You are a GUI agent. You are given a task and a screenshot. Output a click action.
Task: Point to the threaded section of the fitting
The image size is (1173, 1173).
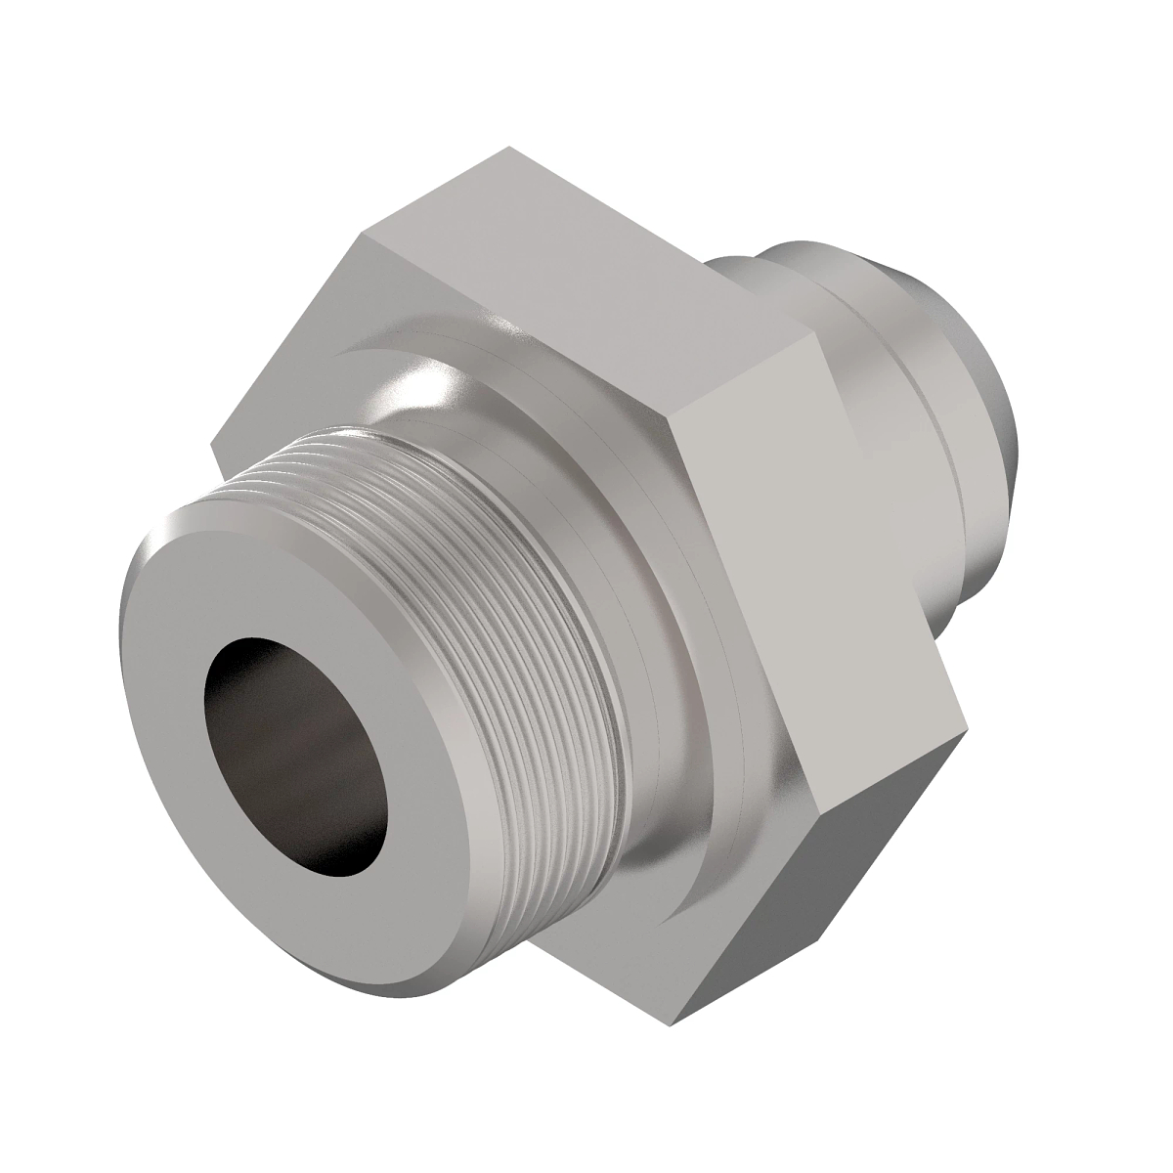click(508, 547)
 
